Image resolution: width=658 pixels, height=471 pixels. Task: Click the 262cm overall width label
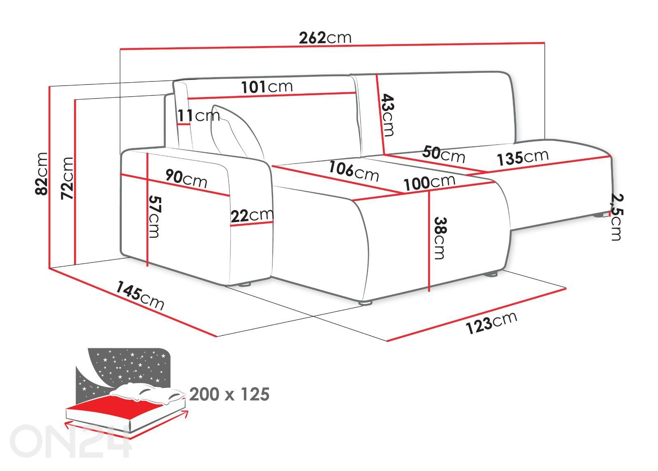click(325, 37)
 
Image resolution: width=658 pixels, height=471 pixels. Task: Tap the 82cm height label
click(42, 174)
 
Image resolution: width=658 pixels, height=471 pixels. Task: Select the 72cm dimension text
click(67, 179)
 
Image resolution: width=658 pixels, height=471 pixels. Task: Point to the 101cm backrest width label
click(267, 87)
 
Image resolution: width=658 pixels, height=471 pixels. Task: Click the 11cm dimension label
click(199, 115)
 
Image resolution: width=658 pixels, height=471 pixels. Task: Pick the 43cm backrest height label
click(388, 115)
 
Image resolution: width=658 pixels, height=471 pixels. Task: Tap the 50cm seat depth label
click(444, 155)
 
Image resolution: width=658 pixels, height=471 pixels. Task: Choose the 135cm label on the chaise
click(523, 158)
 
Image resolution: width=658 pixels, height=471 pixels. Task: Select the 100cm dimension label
click(429, 183)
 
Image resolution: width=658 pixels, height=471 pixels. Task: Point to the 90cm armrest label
click(186, 179)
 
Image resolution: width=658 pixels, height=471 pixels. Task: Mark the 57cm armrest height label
click(155, 217)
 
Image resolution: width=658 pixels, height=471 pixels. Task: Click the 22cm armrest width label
click(252, 216)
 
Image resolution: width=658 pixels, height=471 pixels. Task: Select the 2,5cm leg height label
click(616, 217)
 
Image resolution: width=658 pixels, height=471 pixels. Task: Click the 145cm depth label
click(140, 295)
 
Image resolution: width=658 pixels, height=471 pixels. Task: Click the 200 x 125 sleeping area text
click(229, 394)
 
